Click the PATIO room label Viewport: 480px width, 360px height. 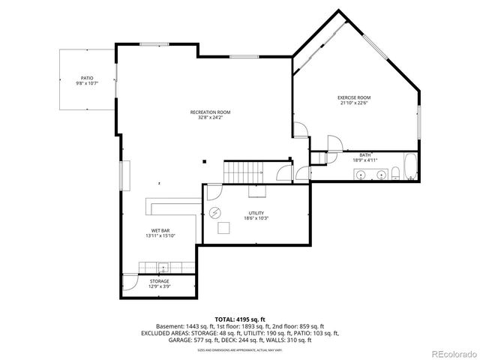87,78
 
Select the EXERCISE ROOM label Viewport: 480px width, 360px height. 354,98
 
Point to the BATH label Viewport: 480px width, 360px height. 364,154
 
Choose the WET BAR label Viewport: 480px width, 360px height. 160,231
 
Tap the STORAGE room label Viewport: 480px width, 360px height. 159,281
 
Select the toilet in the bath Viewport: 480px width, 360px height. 394,174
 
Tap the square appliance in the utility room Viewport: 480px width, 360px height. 223,229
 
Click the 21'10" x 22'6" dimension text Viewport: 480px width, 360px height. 354,103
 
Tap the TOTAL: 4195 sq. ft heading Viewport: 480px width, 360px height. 240,319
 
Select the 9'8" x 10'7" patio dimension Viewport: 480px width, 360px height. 87,83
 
